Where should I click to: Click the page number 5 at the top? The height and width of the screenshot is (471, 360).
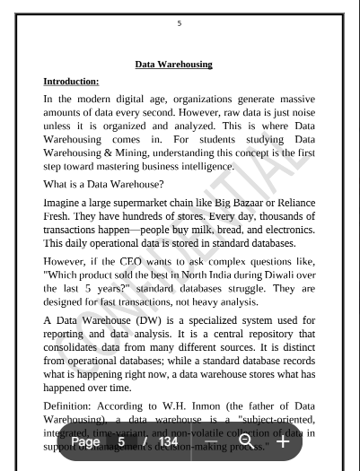coord(180,23)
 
